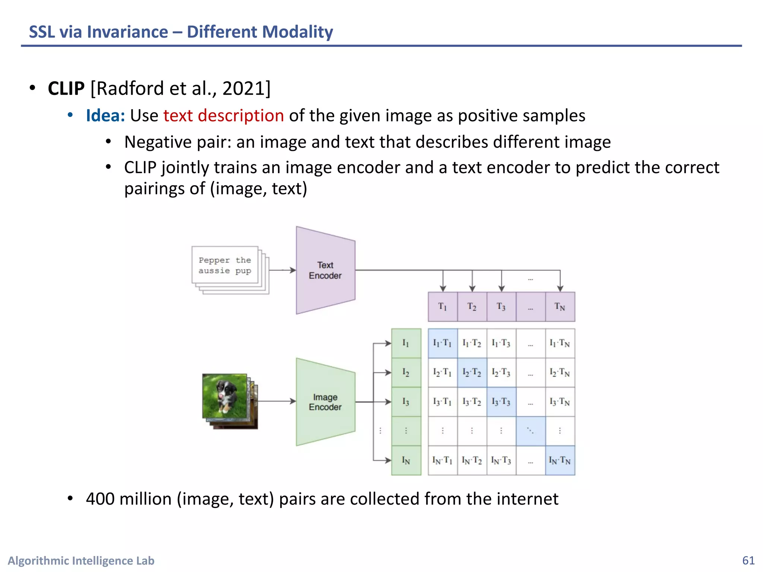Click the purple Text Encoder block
coord(325,270)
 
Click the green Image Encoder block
coord(325,402)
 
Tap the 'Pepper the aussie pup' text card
coord(225,265)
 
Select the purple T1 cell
coord(443,307)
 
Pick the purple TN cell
coord(560,307)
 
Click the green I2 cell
coord(406,372)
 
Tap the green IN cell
coord(406,461)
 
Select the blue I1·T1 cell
coord(443,343)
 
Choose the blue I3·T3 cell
coord(501,402)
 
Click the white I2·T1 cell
coord(443,372)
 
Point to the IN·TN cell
coord(560,461)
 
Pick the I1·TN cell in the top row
coord(560,343)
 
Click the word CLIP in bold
coord(66,89)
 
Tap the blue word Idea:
coord(105,116)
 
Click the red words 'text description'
coord(224,116)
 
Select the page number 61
coord(748,560)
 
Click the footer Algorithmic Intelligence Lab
coord(81,560)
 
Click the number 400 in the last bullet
coord(100,499)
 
